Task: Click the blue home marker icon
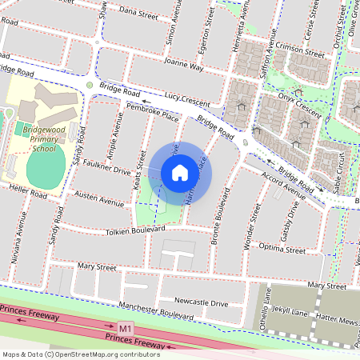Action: (x=180, y=172)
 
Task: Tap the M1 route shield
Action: (x=126, y=328)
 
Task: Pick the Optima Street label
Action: (x=284, y=250)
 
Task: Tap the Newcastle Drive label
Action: (x=202, y=303)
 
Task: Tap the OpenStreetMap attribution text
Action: (x=80, y=353)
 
